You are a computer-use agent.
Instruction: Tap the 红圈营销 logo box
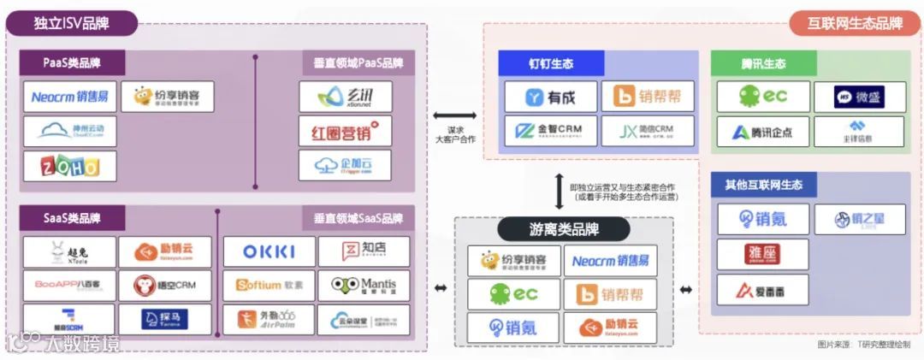(345, 131)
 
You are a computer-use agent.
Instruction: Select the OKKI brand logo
(269, 251)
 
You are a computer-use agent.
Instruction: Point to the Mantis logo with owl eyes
(364, 285)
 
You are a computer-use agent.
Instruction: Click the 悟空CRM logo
(166, 285)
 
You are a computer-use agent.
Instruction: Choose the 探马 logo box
(166, 319)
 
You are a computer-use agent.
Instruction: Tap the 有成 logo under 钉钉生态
(549, 97)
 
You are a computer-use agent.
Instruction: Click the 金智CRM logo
(549, 131)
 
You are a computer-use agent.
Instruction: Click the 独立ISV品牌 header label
(72, 22)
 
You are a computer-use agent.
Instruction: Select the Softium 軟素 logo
(269, 285)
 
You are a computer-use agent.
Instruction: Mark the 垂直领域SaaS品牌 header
(358, 218)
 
